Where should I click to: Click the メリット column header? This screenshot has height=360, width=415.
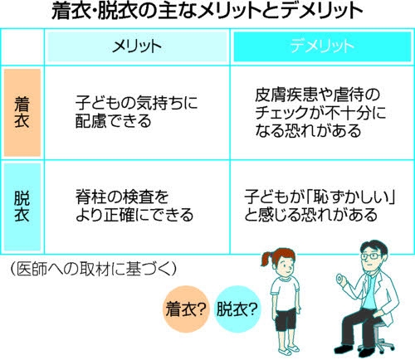137,46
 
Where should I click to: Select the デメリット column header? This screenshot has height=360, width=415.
322,46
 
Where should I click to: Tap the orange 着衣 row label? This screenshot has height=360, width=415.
22,113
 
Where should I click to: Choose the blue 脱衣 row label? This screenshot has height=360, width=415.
22,207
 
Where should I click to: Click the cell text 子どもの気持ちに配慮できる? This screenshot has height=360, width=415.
137,112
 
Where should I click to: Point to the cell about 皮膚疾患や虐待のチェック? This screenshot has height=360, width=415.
320,113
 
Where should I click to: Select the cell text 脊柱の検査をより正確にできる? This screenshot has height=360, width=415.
134,206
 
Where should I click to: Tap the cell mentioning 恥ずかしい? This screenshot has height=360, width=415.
320,206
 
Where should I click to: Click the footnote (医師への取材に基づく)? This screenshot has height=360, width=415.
93,269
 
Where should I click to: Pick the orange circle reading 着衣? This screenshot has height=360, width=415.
186,309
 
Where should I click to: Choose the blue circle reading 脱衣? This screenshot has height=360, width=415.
237,309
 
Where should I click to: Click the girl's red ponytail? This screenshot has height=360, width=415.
267,259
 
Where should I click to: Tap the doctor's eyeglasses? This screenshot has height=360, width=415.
371,256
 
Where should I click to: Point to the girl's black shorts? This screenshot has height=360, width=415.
286,319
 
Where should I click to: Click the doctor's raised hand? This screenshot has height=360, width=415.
342,280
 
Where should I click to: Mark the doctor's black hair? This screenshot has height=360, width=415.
374,246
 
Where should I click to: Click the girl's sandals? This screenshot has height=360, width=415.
288,350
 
